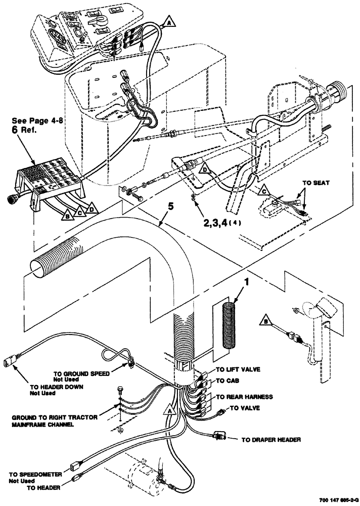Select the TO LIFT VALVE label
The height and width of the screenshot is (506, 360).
(x=238, y=369)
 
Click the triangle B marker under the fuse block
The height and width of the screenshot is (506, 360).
(x=66, y=217)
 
